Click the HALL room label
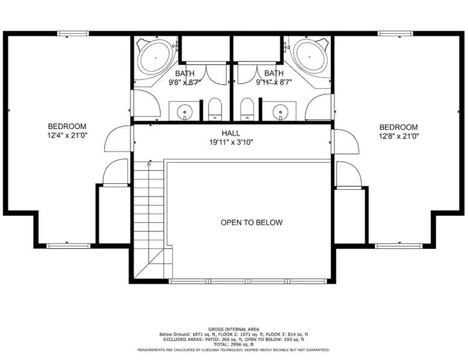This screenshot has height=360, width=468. [231, 133]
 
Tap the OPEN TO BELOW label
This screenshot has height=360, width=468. [251, 222]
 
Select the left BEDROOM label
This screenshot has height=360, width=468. [67, 126]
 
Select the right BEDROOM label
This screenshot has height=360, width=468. [398, 127]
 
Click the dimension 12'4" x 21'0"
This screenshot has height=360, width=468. [67, 136]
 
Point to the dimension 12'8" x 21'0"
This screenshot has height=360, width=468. [399, 136]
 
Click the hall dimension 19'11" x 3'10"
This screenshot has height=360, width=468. [231, 142]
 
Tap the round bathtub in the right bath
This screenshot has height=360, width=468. [310, 56]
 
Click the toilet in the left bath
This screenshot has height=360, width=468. [215, 109]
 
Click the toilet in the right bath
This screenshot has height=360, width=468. [247, 109]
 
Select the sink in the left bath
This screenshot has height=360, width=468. [185, 112]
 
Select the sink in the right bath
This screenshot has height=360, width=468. [280, 112]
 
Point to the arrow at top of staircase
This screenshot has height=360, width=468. [149, 163]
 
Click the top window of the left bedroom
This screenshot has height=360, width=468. [73, 34]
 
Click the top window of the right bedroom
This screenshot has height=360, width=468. [395, 34]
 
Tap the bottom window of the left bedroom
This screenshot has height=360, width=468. [69, 246]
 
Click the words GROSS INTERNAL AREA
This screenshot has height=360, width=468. [234, 329]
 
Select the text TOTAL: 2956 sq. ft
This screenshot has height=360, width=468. [234, 344]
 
